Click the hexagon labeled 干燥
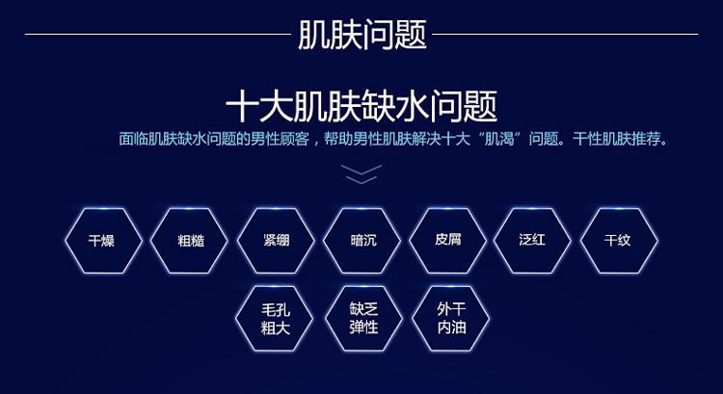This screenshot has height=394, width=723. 103,241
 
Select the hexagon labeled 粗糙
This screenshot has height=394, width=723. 190,241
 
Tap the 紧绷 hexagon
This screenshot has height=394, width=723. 276,241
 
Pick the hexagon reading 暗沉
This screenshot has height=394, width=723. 361,241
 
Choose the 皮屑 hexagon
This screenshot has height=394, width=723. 447,241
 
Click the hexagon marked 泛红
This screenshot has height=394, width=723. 532,241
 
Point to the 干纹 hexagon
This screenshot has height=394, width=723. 619,241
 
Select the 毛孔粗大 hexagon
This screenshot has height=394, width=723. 275,319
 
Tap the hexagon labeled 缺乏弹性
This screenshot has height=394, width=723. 363,319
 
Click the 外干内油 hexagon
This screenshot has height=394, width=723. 450,319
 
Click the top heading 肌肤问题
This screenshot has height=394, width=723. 361,35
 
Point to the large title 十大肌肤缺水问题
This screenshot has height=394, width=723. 361,107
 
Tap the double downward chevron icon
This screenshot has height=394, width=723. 361,174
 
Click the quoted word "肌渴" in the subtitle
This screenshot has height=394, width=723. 499,139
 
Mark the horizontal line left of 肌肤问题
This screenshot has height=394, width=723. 158,34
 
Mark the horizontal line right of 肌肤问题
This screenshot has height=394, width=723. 565,34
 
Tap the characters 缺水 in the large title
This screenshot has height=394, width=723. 395,107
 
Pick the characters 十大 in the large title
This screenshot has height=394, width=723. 259,107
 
